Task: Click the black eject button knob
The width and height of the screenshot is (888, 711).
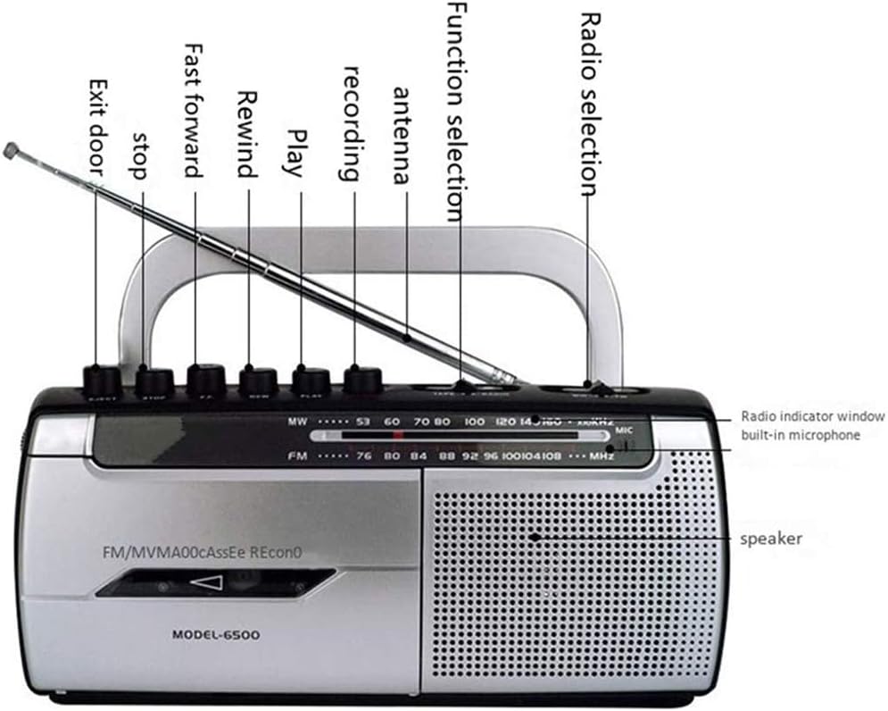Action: tap(101, 381)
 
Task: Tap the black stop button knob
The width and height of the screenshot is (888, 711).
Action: tap(154, 382)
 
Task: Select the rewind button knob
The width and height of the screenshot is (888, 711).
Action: tap(258, 381)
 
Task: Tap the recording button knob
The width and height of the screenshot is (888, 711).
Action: tap(362, 379)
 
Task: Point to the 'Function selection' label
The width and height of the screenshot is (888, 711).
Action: tap(455, 111)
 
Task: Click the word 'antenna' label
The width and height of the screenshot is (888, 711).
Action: tap(402, 135)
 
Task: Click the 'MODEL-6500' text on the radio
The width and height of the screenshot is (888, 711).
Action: tap(217, 635)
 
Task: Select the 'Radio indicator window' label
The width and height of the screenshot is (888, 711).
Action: tap(813, 416)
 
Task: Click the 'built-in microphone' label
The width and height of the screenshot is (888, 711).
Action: tap(801, 435)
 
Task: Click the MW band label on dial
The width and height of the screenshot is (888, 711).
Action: tap(296, 420)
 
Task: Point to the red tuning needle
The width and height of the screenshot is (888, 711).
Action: tap(397, 436)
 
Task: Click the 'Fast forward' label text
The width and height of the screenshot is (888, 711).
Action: tap(194, 110)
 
